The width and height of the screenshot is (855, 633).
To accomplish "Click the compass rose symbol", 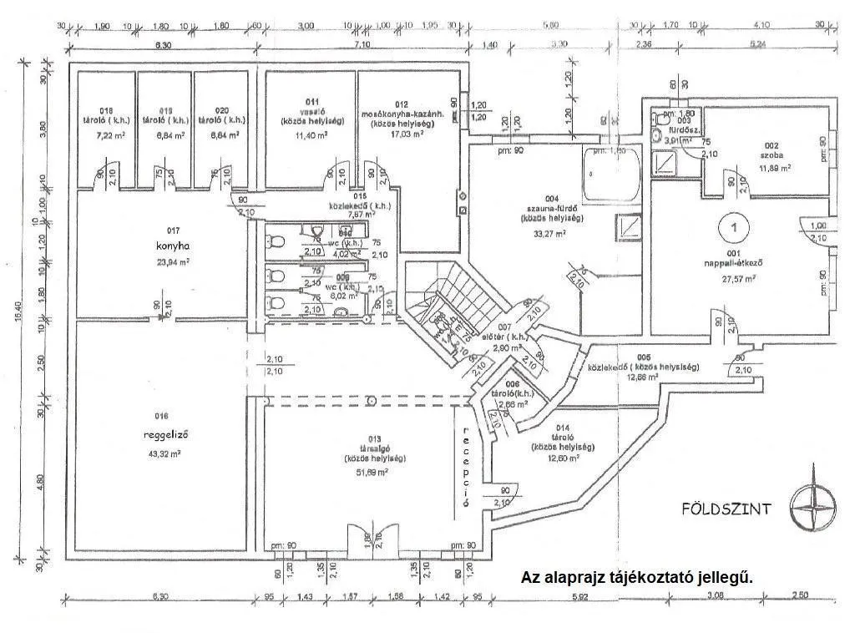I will pos(814,506).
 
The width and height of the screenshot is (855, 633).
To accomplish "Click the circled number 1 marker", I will pos(732,225).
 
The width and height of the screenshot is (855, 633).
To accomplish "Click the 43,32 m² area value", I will pos(164,453).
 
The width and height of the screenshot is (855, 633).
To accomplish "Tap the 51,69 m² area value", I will pos(373,472).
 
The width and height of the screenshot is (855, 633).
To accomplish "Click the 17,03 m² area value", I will pos(407,133).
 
